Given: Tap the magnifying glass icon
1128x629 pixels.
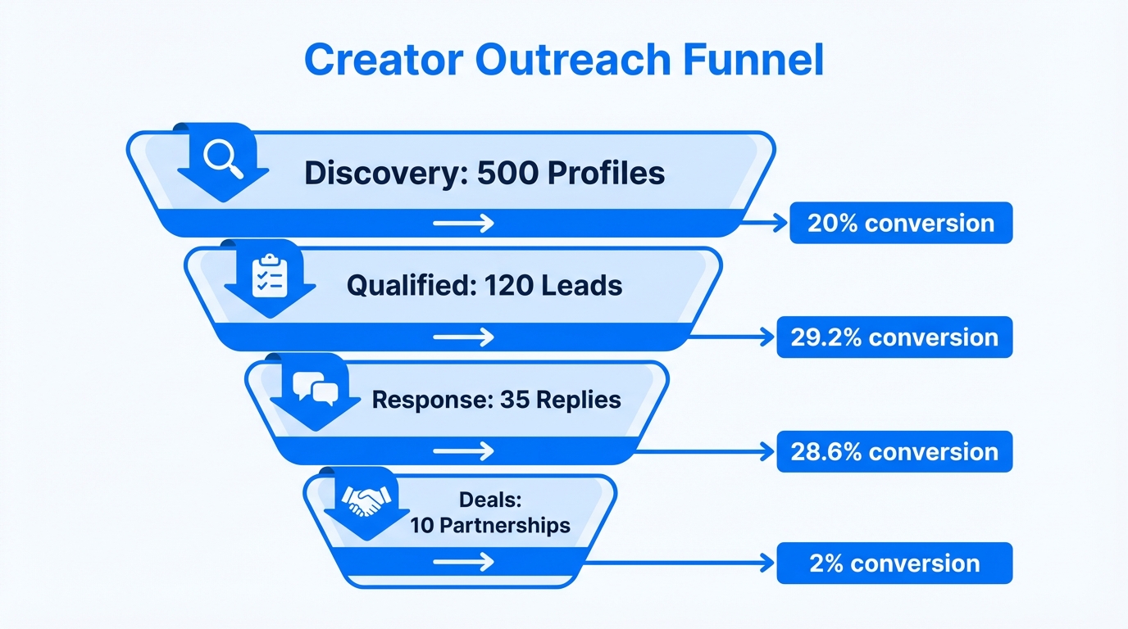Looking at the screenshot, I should coord(224,157).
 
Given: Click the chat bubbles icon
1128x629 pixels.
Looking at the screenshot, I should coord(316,387).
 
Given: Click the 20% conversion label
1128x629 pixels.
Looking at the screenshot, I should coord(900,224).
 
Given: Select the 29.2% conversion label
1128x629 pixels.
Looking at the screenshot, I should coord(894,337).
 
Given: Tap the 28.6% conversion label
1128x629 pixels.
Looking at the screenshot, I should coord(894,451).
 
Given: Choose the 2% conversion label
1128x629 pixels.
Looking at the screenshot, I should coord(894,563).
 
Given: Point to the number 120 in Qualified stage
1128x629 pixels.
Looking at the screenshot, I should coord(508,285).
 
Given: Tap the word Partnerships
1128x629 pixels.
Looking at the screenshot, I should coord(504,525).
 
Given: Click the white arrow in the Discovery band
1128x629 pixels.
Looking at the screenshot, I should coord(463,224).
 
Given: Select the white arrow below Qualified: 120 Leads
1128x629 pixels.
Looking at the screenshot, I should coord(463,337).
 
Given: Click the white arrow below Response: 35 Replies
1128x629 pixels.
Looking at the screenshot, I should coord(463,450).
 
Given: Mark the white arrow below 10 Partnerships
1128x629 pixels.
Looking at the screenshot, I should coord(463,562).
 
